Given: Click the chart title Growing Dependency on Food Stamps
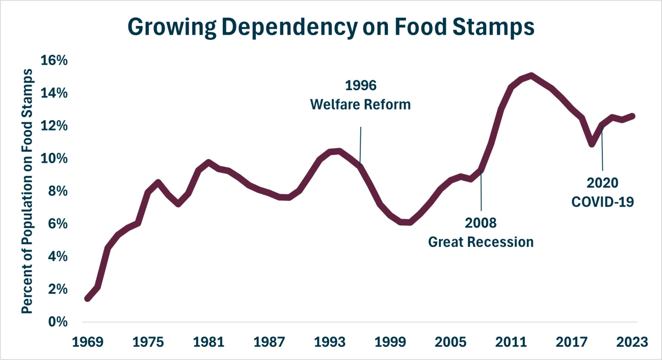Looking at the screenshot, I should (x=331, y=27).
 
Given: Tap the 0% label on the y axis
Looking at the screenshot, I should (x=57, y=322).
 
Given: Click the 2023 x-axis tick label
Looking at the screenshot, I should (x=632, y=342).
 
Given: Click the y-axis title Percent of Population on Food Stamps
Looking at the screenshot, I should (x=29, y=191).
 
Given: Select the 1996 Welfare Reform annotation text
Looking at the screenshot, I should (x=360, y=95).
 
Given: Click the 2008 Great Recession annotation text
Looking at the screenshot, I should (x=481, y=233).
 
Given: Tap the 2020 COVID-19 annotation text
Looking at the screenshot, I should (x=602, y=192).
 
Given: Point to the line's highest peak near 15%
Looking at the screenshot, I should (x=531, y=76).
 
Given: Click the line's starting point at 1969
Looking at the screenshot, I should (x=88, y=298).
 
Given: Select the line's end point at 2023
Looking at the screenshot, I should (x=632, y=116).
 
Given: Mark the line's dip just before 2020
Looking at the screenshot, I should (x=592, y=144).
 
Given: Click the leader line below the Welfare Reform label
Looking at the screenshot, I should (x=361, y=145).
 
